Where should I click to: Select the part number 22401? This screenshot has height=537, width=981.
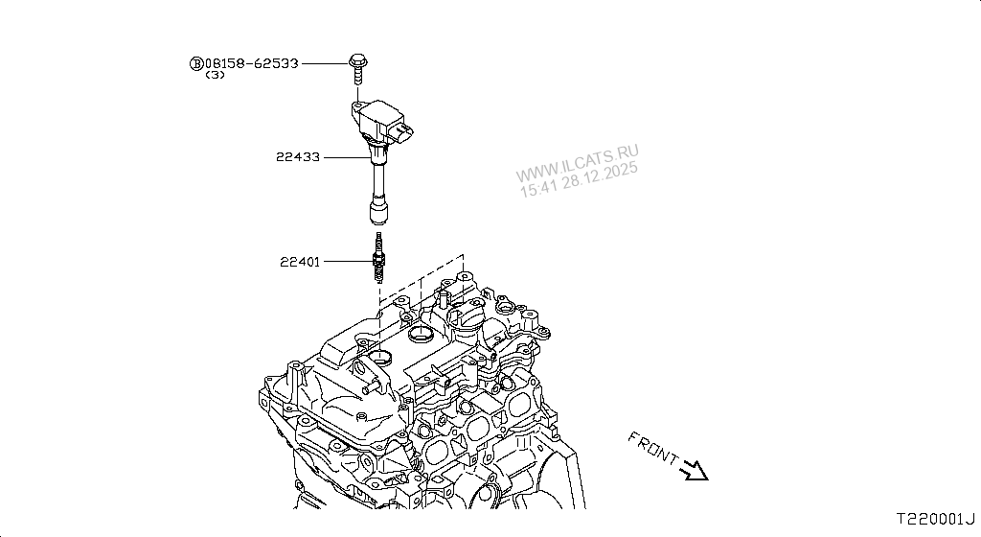(x=300, y=260)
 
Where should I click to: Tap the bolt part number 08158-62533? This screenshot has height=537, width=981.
(x=252, y=63)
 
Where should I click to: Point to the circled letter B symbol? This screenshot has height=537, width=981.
(x=195, y=63)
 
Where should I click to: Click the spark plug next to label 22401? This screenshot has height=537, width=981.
(x=379, y=259)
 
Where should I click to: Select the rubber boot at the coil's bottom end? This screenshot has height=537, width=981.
(x=378, y=212)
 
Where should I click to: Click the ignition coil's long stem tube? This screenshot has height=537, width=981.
(x=377, y=177)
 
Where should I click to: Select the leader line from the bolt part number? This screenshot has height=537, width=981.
(x=324, y=63)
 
